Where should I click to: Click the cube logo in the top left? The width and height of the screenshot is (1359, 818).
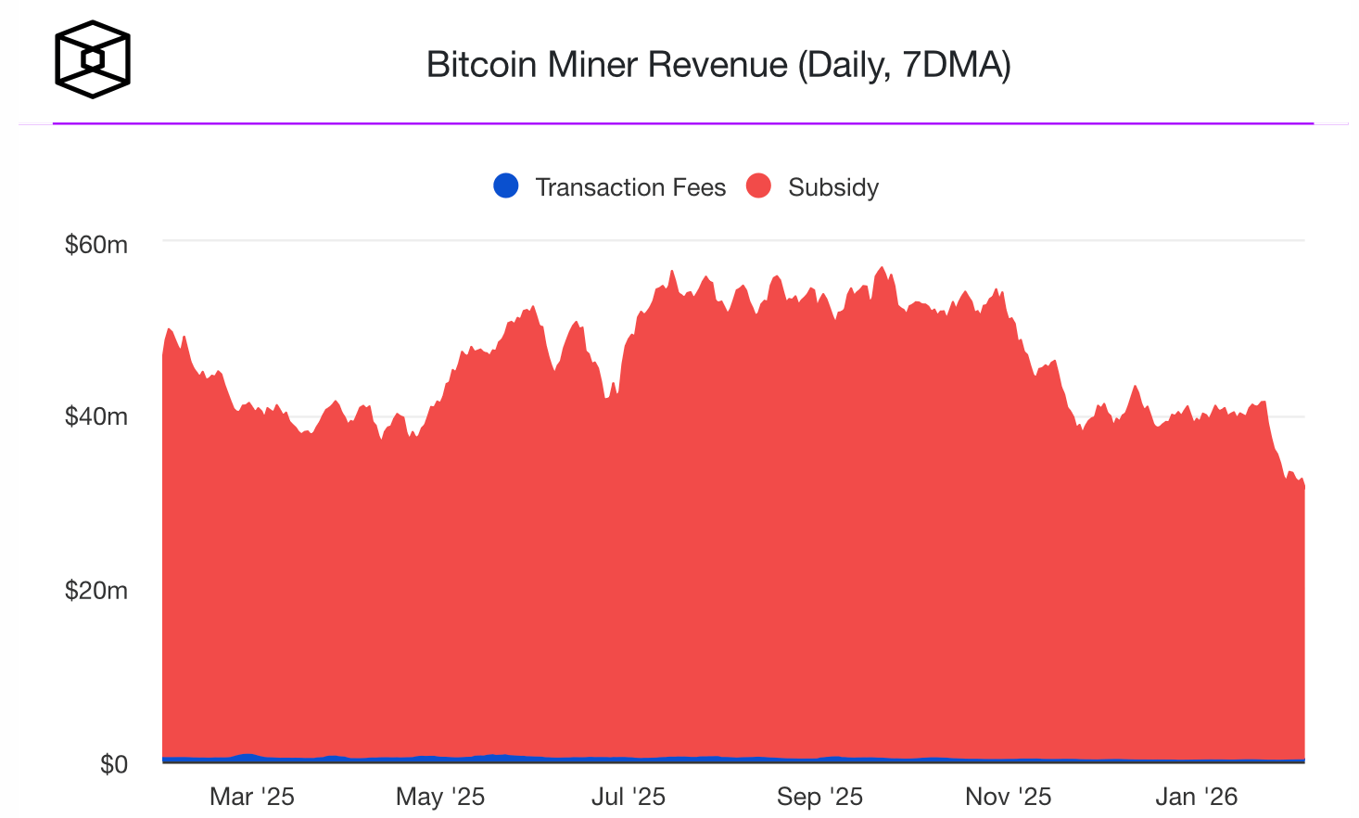pyautogui.click(x=92, y=59)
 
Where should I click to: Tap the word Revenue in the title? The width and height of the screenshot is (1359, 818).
pyautogui.click(x=718, y=65)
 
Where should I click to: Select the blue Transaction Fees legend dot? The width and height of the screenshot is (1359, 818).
pyautogui.click(x=506, y=186)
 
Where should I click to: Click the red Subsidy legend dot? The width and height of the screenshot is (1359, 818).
pyautogui.click(x=758, y=186)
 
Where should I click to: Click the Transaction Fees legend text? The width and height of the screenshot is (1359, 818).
pyautogui.click(x=630, y=187)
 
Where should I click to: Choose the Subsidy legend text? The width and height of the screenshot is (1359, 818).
pyautogui.click(x=832, y=187)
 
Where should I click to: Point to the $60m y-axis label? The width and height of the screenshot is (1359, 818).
pyautogui.click(x=96, y=245)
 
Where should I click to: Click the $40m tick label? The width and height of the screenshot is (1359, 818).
pyautogui.click(x=96, y=416)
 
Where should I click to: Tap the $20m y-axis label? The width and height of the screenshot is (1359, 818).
pyautogui.click(x=96, y=591)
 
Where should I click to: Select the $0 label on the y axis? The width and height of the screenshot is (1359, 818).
pyautogui.click(x=113, y=764)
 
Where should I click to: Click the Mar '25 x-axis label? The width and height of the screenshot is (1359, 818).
pyautogui.click(x=251, y=797)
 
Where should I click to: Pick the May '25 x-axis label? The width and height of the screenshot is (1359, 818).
pyautogui.click(x=440, y=797)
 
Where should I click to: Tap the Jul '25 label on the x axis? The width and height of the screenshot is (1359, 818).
pyautogui.click(x=629, y=797)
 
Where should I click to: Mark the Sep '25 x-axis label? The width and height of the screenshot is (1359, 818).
pyautogui.click(x=819, y=797)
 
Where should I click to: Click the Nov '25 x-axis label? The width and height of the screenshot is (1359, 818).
pyautogui.click(x=1008, y=797)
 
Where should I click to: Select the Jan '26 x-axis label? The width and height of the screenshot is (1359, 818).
pyautogui.click(x=1196, y=797)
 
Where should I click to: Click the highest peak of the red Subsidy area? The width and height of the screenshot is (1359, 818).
pyautogui.click(x=882, y=268)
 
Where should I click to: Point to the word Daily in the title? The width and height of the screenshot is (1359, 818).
pyautogui.click(x=849, y=65)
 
